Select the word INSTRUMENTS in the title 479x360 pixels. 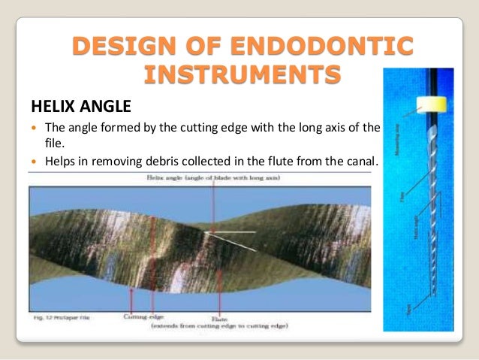[x=239, y=76]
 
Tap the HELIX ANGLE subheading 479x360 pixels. [x=80, y=104]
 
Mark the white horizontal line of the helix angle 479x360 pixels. [x=240, y=232]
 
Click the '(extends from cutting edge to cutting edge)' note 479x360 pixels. [x=215, y=326]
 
